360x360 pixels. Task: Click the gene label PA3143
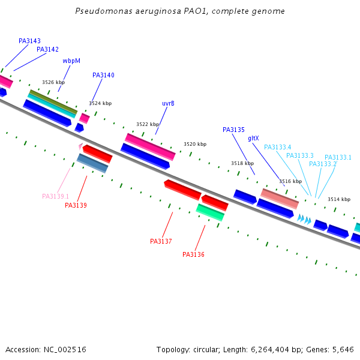tap(29, 41)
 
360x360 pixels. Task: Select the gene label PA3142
tap(47, 50)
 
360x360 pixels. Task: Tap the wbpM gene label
tap(71, 61)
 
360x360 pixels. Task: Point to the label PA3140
tap(103, 76)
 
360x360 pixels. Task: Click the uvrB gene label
tap(168, 103)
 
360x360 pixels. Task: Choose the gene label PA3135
tap(233, 130)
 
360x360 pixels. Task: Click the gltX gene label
tap(253, 139)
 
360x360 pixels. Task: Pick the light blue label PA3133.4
tap(277, 148)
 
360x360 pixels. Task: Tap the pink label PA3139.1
tap(55, 197)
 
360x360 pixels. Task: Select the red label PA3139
tap(76, 206)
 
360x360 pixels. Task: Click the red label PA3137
tap(161, 242)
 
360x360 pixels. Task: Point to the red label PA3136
tap(193, 255)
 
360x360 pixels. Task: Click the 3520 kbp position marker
tap(194, 145)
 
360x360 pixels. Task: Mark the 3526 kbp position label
tap(53, 83)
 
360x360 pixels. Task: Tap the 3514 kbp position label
tap(338, 199)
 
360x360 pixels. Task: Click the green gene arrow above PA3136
tap(210, 211)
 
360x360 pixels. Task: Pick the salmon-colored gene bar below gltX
tap(280, 198)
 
